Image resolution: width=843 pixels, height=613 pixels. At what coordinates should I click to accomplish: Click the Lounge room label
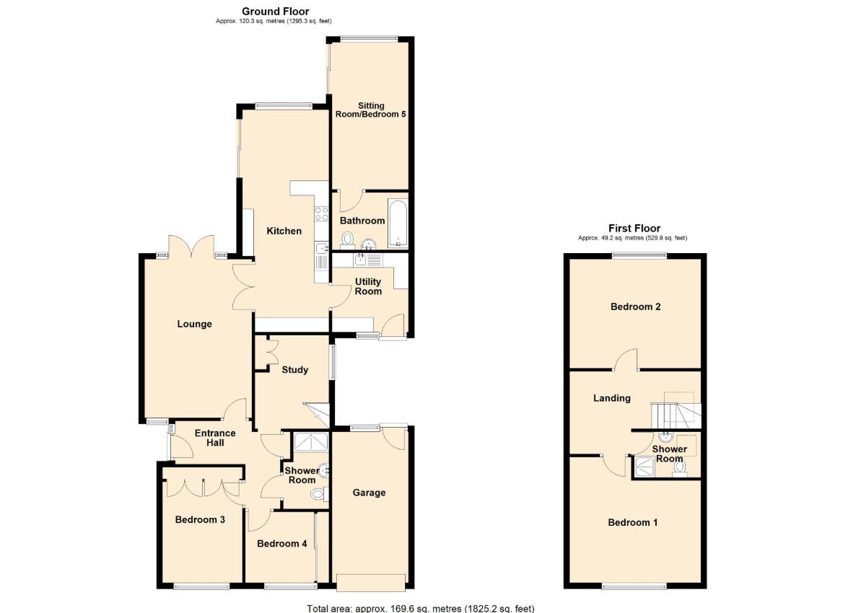[195, 324]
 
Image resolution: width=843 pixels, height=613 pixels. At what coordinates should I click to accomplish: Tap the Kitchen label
[284, 231]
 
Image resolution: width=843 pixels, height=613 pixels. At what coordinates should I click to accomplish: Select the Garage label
[369, 493]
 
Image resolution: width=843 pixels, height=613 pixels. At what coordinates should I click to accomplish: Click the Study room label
[294, 369]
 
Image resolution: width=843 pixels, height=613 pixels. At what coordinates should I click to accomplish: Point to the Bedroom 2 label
[635, 306]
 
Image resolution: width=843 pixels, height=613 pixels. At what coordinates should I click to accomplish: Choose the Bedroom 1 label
[632, 522]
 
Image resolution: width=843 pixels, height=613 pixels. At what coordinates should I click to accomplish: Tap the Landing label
[611, 398]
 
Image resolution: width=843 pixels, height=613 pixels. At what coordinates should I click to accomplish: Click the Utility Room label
[368, 286]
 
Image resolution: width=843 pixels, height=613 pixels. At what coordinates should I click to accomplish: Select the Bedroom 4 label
[281, 543]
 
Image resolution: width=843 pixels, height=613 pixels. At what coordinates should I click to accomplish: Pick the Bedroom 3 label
[200, 519]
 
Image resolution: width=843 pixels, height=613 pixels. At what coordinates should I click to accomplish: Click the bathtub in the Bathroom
[398, 222]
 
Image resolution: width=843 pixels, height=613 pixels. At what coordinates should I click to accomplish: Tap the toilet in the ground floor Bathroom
[348, 239]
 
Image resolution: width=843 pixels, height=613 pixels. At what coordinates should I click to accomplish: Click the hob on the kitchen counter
[320, 214]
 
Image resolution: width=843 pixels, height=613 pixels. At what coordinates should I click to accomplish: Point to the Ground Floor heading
[275, 11]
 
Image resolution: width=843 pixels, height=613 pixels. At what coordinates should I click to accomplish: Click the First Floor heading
[634, 228]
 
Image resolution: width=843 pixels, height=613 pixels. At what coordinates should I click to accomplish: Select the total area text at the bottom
[421, 608]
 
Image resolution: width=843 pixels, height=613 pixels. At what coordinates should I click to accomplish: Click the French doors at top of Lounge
[193, 249]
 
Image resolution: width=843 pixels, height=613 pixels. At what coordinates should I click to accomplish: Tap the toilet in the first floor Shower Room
[679, 469]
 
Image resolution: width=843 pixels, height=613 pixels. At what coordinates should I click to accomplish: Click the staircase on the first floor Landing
[676, 412]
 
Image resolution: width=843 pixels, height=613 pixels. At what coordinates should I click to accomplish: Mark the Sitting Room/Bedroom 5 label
[371, 110]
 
